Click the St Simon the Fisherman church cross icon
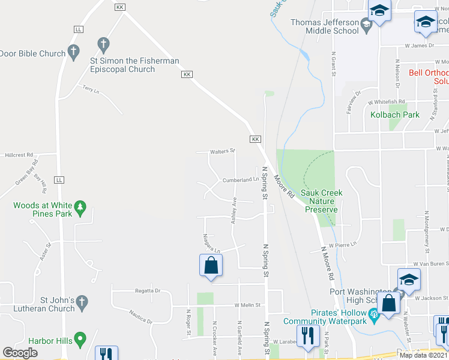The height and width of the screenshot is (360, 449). pyautogui.click(x=103, y=44)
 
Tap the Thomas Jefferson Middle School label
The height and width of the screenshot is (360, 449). pyautogui.click(x=324, y=26)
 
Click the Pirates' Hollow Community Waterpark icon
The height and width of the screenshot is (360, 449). pyautogui.click(x=373, y=313)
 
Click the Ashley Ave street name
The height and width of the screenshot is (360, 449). pyautogui.click(x=234, y=212)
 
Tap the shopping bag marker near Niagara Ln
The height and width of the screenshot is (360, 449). pyautogui.click(x=211, y=266)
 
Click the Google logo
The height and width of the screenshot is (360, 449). pyautogui.click(x=20, y=353)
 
